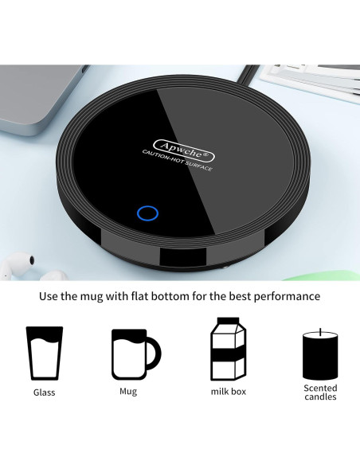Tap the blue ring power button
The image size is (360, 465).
point(147,213)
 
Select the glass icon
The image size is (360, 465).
point(45,352)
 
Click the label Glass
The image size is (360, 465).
point(45,393)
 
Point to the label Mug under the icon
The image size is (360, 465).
point(127,391)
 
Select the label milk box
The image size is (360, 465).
point(228,393)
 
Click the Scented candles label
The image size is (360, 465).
point(319,392)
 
